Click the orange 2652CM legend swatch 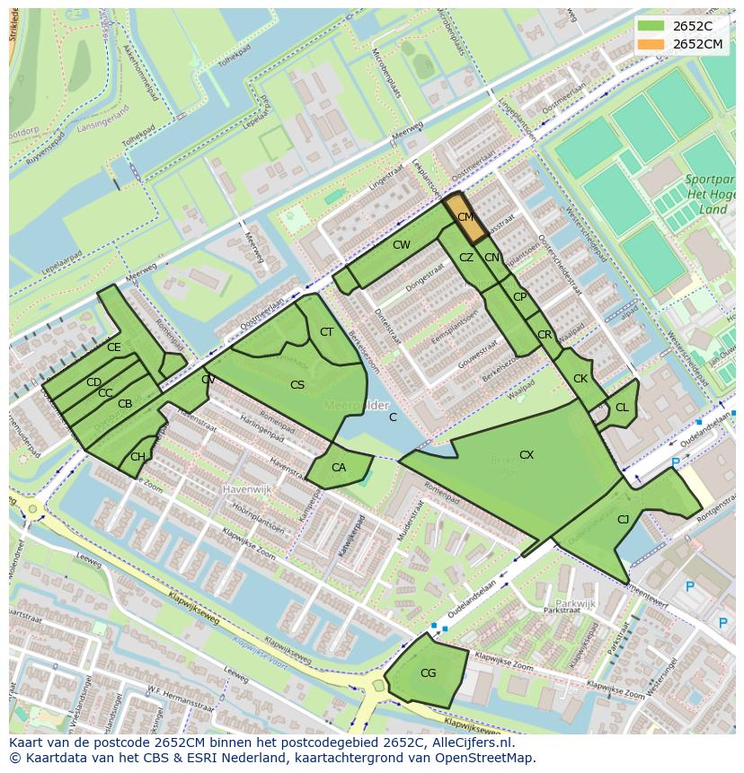pos(652,44)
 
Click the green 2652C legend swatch pos(652,25)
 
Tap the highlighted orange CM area pos(465,218)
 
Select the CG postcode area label pos(428,673)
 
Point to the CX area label pos(527,455)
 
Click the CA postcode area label pos(339,468)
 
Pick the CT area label pos(326,332)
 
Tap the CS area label pos(297,385)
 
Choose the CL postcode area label pos(622,408)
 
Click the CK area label pos(580,379)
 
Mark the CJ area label pos(623,519)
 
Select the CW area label pos(402,245)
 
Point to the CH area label pos(137,457)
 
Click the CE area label pos(114,347)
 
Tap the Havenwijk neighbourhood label pos(247,490)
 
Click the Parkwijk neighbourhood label pos(576,604)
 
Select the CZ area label pos(465,258)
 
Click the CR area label pos(545,335)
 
